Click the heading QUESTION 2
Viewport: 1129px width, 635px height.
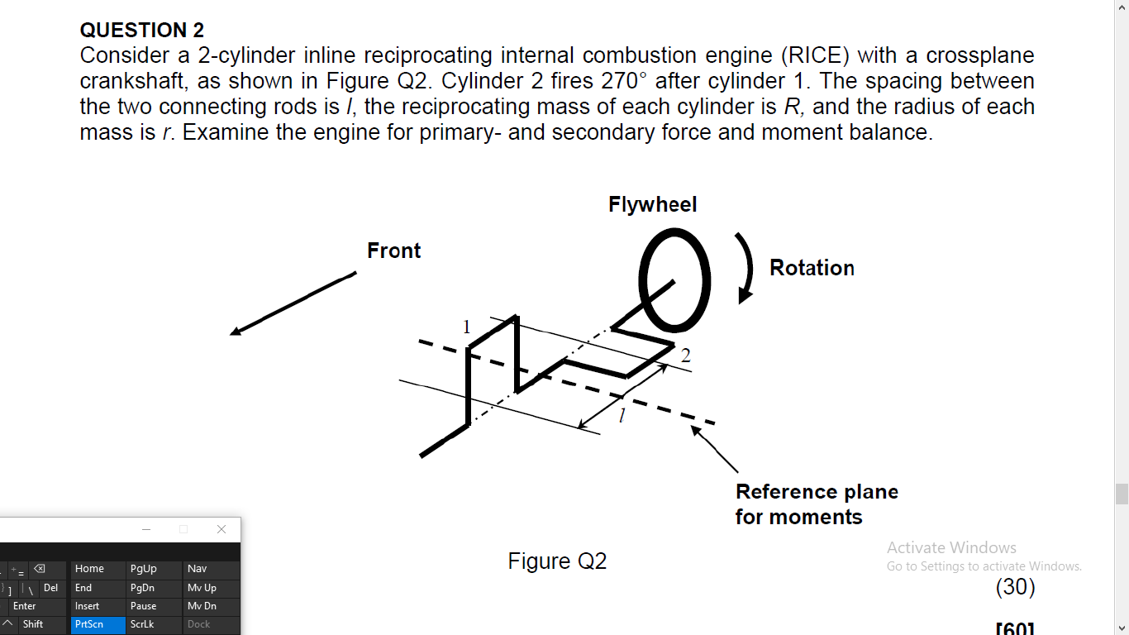[x=141, y=31]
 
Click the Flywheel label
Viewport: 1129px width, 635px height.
[x=652, y=204]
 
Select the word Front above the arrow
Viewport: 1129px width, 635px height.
[x=393, y=251]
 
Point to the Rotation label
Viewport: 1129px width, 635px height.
[x=812, y=268]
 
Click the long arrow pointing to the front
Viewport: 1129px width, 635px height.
[x=293, y=303]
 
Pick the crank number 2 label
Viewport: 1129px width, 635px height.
[x=685, y=356]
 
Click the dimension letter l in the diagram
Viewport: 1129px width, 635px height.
[x=622, y=414]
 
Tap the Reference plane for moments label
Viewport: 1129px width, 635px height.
[x=816, y=504]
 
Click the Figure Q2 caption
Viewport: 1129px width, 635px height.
[x=557, y=561]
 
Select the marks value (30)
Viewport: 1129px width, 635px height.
[x=1015, y=586]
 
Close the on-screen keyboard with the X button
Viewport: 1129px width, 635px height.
[x=221, y=529]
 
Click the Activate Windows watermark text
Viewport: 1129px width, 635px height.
[x=951, y=547]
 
